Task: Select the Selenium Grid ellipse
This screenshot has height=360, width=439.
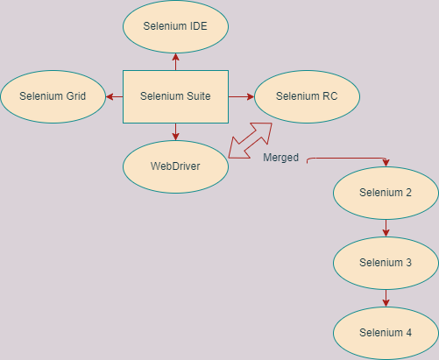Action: coord(53,95)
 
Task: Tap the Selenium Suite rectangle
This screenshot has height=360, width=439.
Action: coord(175,96)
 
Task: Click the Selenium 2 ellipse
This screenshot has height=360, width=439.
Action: coord(386,192)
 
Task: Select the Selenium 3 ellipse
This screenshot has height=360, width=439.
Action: coord(386,262)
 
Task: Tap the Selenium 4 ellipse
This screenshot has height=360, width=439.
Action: coord(386,333)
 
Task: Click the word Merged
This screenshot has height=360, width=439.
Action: coord(280,159)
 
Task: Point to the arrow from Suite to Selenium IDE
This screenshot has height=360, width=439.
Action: coord(175,61)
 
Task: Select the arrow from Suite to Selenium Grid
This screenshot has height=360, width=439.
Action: coord(114,96)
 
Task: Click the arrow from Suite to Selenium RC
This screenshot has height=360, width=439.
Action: coord(241,96)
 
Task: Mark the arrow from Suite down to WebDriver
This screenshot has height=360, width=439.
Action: coord(175,131)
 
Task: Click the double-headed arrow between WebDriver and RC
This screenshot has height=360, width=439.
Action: coord(250,140)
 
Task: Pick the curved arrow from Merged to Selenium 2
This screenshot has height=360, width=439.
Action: coord(350,159)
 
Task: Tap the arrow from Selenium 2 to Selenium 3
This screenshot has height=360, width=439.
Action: coord(386,227)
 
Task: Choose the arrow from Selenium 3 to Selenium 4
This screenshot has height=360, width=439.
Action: coord(386,298)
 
